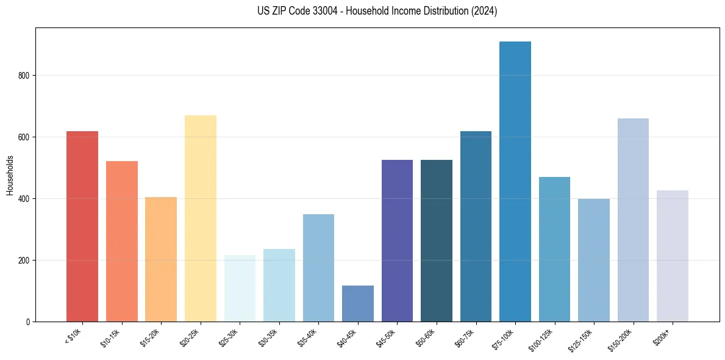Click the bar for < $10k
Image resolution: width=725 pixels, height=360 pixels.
[x=82, y=226]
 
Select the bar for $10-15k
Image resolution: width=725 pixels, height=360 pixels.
[x=121, y=241]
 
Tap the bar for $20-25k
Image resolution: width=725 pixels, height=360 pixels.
[x=200, y=218]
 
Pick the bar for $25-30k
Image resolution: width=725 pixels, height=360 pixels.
[x=240, y=288]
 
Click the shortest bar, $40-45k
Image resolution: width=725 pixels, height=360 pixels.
[x=357, y=303]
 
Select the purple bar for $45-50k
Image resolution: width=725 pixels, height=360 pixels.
[x=397, y=240]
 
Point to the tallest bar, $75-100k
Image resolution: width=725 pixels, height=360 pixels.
[x=515, y=182]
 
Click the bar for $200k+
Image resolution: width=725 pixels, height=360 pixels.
[x=672, y=256]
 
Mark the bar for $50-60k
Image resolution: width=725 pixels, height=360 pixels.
[x=436, y=240]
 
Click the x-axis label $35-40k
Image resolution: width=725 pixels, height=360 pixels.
[x=309, y=337]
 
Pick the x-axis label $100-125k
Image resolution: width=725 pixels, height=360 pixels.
[x=544, y=339]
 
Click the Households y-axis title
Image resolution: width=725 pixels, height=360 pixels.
[x=10, y=175]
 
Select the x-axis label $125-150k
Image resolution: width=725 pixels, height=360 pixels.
[x=583, y=339]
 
